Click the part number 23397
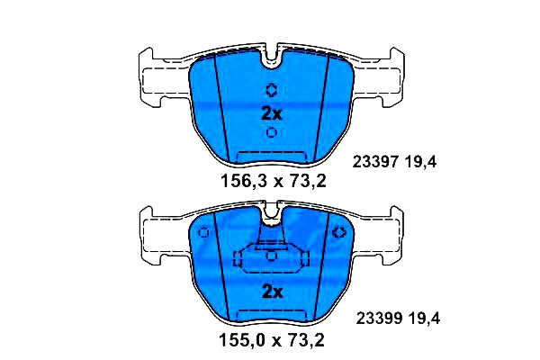coord(375,162)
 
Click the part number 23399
coord(379,319)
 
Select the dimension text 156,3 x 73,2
coord(273,181)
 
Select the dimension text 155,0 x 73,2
coord(272,340)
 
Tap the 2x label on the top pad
coord(272,113)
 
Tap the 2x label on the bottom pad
coord(272,292)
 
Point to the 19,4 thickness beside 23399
coord(423,319)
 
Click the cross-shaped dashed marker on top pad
coord(272,90)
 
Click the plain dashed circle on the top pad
coord(272,132)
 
